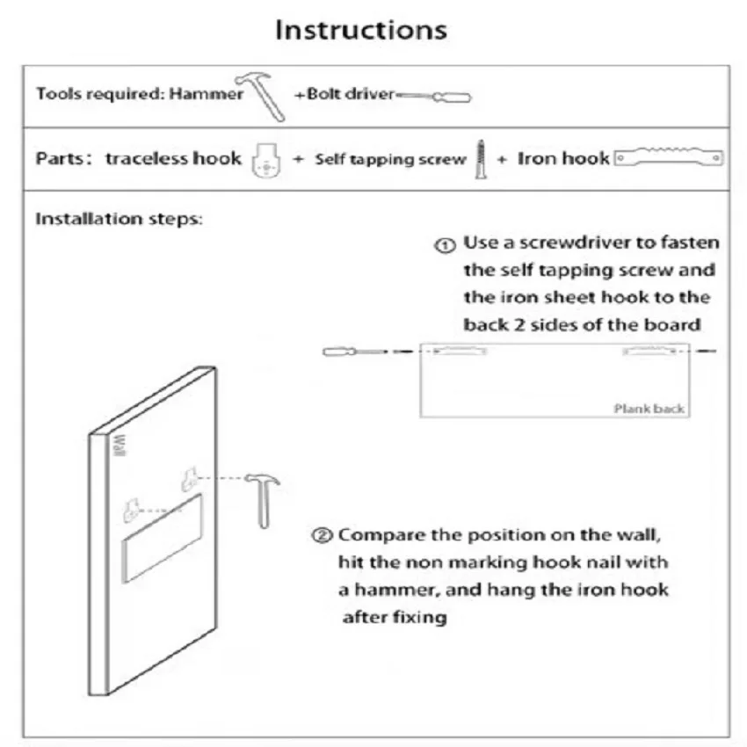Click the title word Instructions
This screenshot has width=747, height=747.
(x=361, y=29)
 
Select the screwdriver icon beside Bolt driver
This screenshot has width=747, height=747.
(x=433, y=96)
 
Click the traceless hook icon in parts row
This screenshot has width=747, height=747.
(x=265, y=160)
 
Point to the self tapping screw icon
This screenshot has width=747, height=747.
(x=481, y=159)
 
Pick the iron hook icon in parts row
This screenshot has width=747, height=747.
(x=669, y=158)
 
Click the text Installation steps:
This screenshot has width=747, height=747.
(x=119, y=219)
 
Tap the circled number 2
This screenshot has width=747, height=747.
(x=323, y=535)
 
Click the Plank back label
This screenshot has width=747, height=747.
(x=649, y=408)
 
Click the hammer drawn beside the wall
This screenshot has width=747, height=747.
(x=263, y=497)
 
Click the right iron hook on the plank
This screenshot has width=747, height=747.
(x=649, y=351)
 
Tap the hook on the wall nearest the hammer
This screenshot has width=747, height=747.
(x=190, y=478)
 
